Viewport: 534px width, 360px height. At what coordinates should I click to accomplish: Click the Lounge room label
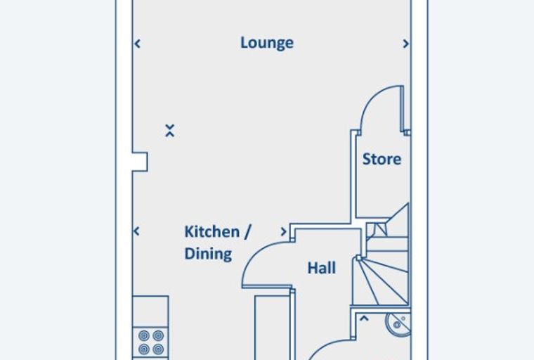click(267, 44)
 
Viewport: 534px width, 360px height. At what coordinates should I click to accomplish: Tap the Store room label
click(382, 159)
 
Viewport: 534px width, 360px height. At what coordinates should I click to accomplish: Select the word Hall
click(322, 268)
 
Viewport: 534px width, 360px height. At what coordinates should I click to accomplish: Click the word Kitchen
click(211, 232)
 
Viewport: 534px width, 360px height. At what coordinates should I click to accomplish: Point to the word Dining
click(208, 254)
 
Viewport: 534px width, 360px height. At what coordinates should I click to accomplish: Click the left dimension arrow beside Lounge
click(138, 44)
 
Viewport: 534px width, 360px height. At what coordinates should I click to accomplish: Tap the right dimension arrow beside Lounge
click(405, 44)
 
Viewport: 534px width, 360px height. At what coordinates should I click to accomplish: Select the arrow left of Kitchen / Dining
click(136, 231)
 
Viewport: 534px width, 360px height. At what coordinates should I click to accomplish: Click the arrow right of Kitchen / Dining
click(283, 232)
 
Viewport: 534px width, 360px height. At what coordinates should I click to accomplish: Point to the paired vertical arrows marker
click(170, 131)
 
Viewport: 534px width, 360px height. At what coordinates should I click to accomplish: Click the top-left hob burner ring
click(144, 336)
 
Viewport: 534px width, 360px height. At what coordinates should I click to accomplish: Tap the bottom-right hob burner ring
click(158, 349)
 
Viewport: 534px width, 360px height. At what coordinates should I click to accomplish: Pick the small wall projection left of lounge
click(140, 162)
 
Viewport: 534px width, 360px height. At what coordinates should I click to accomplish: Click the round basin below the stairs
click(398, 324)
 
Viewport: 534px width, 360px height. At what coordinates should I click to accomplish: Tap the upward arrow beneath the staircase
click(364, 319)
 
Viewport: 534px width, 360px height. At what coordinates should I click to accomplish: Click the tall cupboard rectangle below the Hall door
click(273, 328)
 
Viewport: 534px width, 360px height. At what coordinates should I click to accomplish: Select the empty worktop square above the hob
click(150, 311)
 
